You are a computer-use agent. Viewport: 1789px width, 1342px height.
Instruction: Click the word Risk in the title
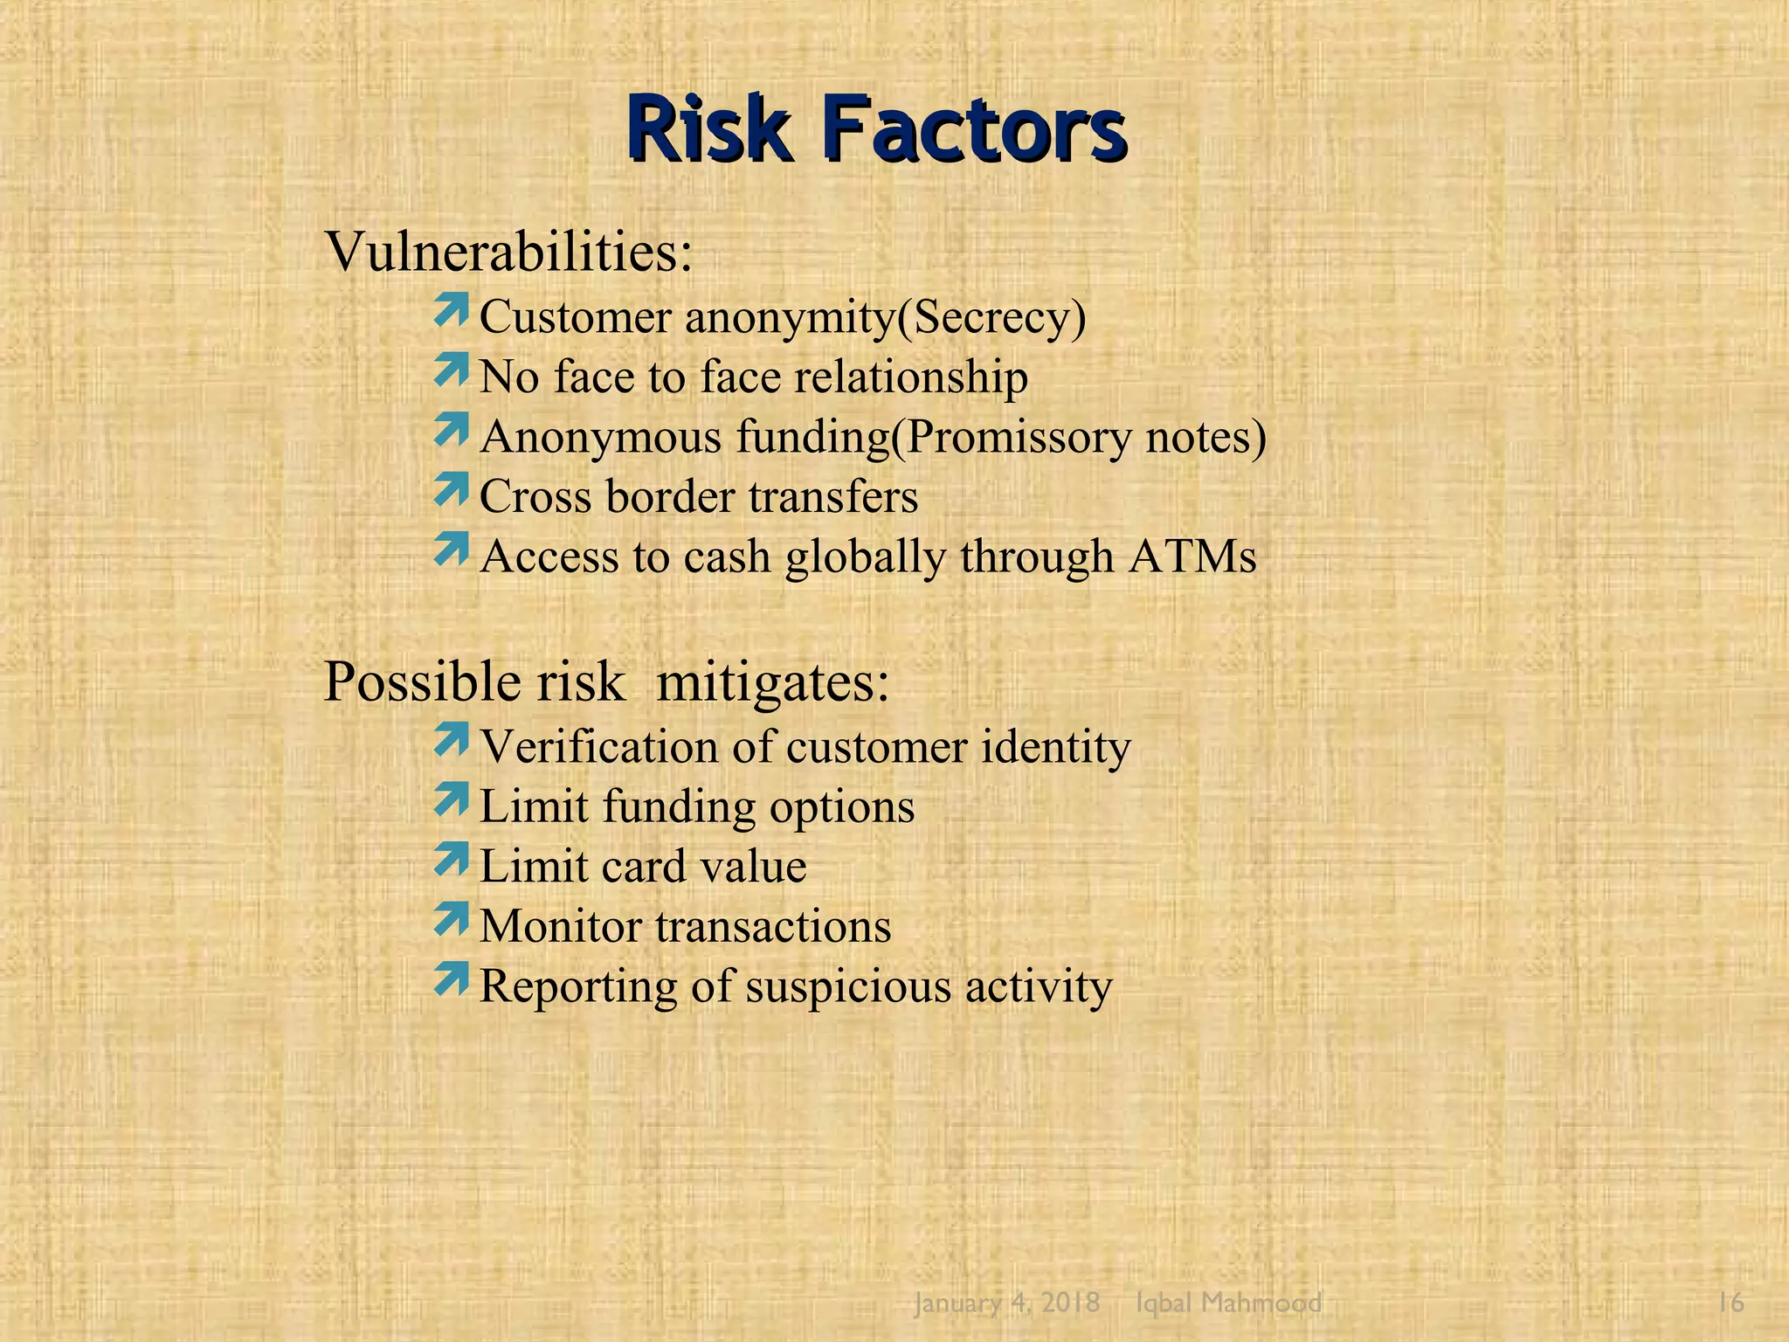click(x=708, y=131)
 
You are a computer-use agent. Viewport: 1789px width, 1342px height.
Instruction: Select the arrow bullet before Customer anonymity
click(x=451, y=312)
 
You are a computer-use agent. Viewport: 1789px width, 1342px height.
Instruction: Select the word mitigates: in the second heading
click(x=772, y=681)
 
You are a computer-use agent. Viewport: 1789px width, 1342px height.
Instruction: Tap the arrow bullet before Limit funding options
click(x=451, y=801)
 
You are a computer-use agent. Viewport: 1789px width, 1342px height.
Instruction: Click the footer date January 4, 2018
click(x=1006, y=1303)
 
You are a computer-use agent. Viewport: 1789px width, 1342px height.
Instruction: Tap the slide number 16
click(x=1730, y=1303)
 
